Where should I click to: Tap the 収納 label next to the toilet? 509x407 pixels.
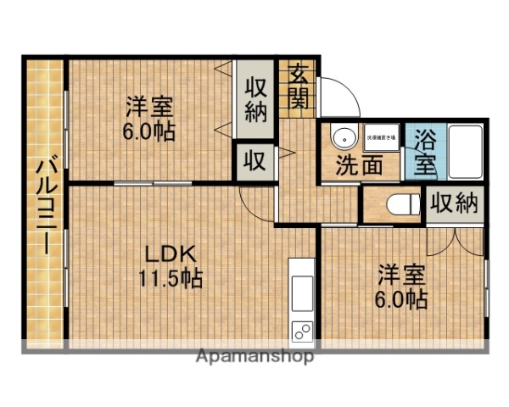coord(454,203)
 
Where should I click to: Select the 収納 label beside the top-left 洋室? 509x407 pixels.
coord(255,98)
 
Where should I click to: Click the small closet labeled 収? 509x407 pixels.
coord(255,160)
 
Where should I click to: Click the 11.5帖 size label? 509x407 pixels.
coord(171,277)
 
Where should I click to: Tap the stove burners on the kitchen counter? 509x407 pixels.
coord(302,331)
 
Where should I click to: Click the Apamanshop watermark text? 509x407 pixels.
coord(255,357)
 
